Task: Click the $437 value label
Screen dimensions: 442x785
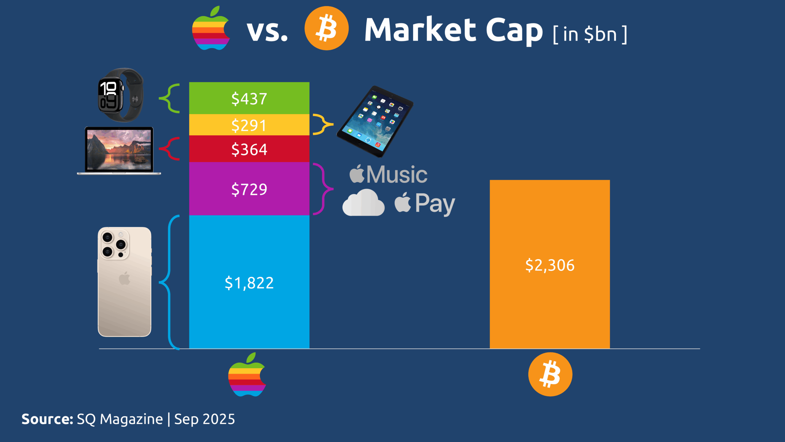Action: tap(249, 99)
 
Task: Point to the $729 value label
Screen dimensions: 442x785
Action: tap(249, 189)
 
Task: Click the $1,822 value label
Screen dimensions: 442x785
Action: tap(249, 283)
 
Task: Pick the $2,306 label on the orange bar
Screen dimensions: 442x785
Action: tap(550, 265)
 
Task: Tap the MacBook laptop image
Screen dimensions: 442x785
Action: tap(119, 150)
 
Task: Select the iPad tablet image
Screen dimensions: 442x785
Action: tap(375, 122)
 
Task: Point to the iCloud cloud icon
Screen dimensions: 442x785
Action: tap(363, 203)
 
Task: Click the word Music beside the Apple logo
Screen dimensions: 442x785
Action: tap(397, 174)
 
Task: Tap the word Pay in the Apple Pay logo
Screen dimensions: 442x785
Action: tap(435, 204)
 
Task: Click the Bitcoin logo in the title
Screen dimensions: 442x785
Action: tap(326, 28)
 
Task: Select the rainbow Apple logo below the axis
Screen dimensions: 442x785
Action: tap(247, 374)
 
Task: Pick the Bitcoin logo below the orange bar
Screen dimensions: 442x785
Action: tap(550, 374)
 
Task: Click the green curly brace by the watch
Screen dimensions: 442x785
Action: tap(170, 98)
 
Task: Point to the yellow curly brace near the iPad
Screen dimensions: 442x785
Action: tap(323, 124)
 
